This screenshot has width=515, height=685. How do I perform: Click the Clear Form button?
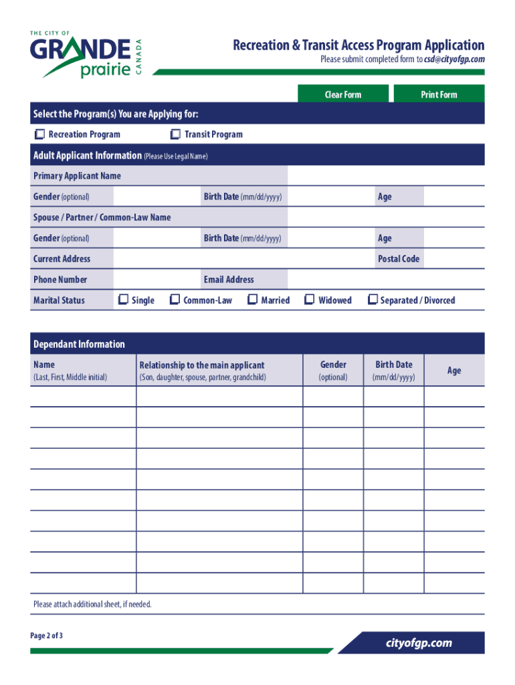(342, 94)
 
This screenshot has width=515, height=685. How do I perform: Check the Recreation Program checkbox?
(40, 134)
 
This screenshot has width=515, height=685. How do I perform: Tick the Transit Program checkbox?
(176, 134)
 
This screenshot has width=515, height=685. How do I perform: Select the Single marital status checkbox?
(123, 300)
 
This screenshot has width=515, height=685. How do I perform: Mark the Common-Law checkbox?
(175, 300)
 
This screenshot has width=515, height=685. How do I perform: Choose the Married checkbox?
(253, 300)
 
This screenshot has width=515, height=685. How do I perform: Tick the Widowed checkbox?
(310, 300)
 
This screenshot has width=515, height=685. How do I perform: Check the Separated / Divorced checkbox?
(373, 300)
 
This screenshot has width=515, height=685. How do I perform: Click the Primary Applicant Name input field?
(386, 176)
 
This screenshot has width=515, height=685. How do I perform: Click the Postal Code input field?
(454, 259)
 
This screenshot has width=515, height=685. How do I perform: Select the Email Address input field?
(386, 280)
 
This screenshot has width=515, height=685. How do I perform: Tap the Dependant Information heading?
(79, 345)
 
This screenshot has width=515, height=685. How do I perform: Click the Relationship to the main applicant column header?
(202, 365)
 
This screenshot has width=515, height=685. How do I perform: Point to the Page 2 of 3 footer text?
(47, 635)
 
